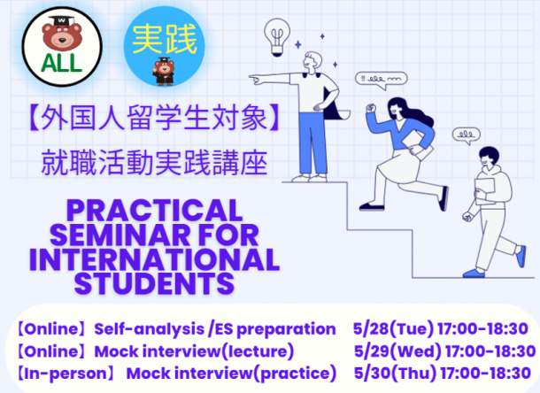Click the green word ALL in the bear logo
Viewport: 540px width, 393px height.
(x=62, y=63)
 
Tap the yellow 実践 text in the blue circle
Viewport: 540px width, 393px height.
(x=165, y=40)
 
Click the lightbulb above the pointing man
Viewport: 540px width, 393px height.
(x=277, y=37)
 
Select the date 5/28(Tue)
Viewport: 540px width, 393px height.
(x=393, y=329)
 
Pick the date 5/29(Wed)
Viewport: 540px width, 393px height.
(x=397, y=351)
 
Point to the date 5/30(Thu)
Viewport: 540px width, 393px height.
(x=395, y=374)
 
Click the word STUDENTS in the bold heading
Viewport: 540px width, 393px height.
(x=154, y=283)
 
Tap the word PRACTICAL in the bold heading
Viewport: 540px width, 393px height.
(x=155, y=211)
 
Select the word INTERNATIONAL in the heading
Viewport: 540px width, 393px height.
(x=154, y=259)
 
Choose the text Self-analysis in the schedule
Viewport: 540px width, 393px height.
(x=149, y=329)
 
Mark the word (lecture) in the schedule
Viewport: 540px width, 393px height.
(x=258, y=351)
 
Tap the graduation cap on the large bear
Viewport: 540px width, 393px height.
(x=62, y=21)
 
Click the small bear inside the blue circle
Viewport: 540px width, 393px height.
(x=164, y=72)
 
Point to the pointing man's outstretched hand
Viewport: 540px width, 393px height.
(x=255, y=80)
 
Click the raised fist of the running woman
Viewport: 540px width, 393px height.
(x=371, y=108)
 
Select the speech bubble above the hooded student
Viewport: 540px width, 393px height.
(x=467, y=135)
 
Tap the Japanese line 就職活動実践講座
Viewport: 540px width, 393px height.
(x=155, y=163)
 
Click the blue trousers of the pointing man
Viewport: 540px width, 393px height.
(x=312, y=143)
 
